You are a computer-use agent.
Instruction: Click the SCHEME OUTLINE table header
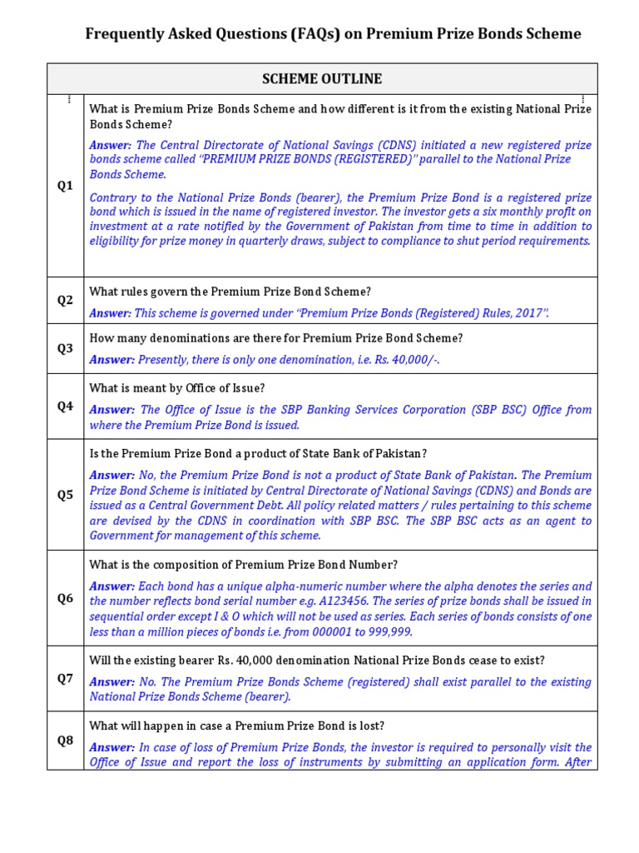322,79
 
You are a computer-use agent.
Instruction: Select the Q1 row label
65,186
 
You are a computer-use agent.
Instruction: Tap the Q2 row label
65,300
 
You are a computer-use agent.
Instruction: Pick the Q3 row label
65,348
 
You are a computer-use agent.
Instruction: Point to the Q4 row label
65,406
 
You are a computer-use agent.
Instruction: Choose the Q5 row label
65,494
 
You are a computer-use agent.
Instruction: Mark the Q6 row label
65,597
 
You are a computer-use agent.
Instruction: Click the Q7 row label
65,678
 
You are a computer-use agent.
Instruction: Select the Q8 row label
65,740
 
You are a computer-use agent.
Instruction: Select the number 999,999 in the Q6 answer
388,631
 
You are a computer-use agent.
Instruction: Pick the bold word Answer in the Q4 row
111,410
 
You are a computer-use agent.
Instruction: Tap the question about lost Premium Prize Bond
236,726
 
